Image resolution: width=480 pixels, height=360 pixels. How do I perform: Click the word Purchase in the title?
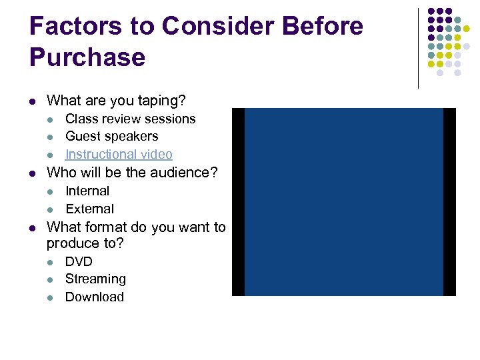click(x=87, y=57)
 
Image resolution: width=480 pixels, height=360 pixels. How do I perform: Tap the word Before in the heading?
click(x=323, y=26)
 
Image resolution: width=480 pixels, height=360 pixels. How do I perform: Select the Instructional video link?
click(x=119, y=154)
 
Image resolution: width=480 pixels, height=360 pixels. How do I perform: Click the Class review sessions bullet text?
click(x=130, y=119)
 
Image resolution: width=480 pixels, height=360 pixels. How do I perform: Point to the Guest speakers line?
click(x=111, y=136)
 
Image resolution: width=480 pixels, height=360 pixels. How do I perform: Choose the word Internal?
click(x=87, y=191)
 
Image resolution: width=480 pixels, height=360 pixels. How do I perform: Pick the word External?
click(x=89, y=209)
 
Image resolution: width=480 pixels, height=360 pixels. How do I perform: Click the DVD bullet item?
click(x=79, y=261)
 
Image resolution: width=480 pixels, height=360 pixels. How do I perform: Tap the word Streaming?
click(x=95, y=279)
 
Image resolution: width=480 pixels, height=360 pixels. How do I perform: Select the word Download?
click(x=94, y=297)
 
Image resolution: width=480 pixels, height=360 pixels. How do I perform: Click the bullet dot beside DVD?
click(x=51, y=262)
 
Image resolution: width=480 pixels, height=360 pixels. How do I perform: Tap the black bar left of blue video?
click(x=238, y=201)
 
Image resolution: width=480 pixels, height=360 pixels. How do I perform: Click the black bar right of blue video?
click(x=449, y=201)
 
